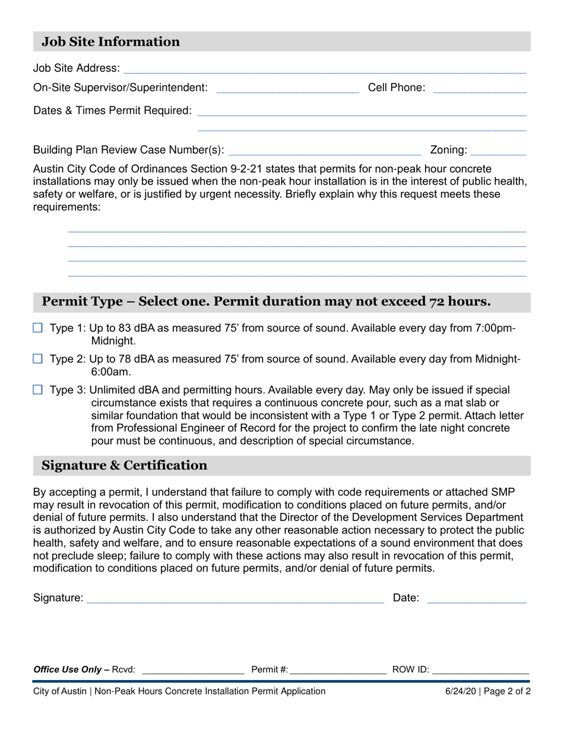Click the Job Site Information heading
point(110,42)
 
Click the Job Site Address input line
point(324,69)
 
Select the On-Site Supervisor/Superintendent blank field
point(288,89)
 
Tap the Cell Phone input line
point(480,89)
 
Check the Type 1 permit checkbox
point(38,328)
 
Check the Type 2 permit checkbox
point(38,358)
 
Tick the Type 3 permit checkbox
point(38,390)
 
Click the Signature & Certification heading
point(125,465)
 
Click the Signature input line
point(235,599)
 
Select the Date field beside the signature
point(476,599)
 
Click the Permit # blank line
point(338,671)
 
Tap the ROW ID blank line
point(481,671)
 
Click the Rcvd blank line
point(193,671)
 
